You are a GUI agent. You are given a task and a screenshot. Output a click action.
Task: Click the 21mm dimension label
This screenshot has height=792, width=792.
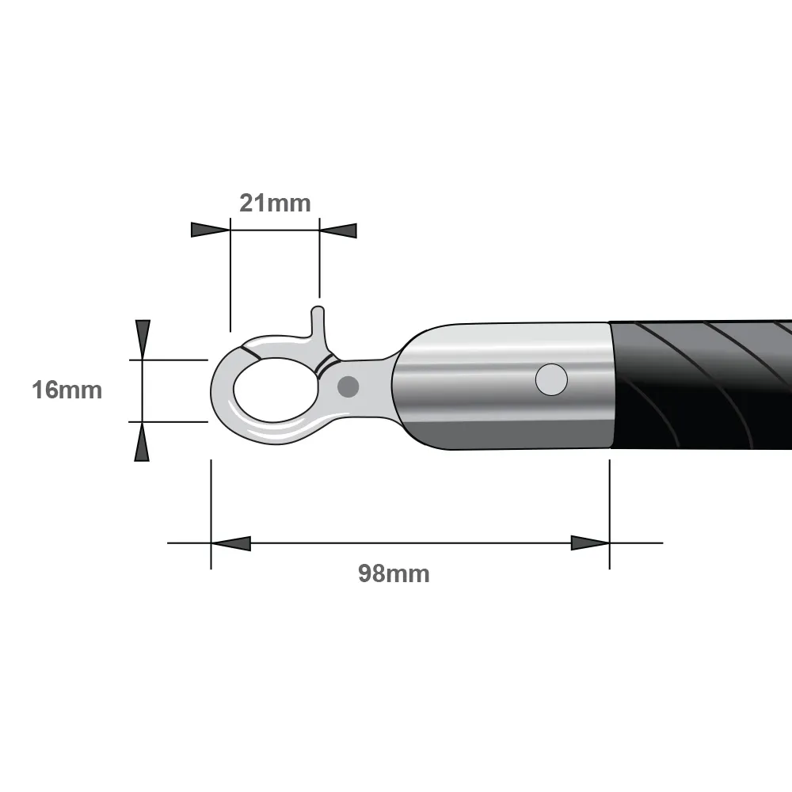pos(275,203)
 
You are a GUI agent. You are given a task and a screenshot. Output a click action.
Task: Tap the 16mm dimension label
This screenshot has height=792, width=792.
pos(67,390)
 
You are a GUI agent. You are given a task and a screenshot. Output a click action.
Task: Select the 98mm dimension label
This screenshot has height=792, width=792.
pos(394,573)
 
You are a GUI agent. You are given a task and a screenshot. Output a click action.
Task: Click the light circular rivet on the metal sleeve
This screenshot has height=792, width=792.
pos(551,379)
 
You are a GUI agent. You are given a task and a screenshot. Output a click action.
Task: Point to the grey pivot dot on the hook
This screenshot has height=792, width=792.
pos(348,387)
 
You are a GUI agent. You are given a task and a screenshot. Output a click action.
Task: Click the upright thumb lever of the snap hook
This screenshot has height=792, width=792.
pos(318,323)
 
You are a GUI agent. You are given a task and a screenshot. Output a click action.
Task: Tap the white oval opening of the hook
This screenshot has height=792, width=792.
pos(276,390)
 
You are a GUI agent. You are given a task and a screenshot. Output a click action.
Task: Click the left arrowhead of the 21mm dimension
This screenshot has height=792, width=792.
pos(211,230)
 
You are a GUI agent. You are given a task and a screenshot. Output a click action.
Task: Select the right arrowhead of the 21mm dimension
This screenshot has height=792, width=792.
pos(338,230)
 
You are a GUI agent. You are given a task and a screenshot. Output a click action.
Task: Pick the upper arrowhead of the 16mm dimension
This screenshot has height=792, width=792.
pos(143,340)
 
